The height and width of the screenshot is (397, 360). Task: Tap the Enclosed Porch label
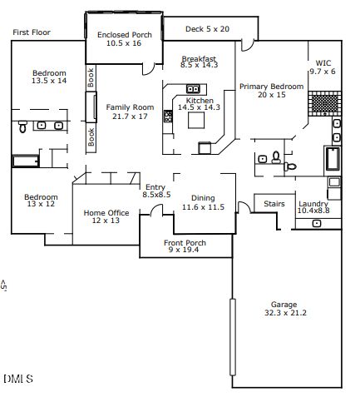click(x=125, y=38)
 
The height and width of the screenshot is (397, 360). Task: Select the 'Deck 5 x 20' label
click(x=207, y=29)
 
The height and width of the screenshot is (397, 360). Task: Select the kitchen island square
click(x=197, y=122)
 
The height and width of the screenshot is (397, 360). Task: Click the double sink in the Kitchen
click(x=193, y=88)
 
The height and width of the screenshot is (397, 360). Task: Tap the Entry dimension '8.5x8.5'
click(x=156, y=195)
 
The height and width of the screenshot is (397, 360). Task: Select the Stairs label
click(x=275, y=203)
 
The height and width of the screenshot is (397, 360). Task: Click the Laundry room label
click(x=313, y=204)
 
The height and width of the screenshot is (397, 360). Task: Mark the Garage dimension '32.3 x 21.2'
click(x=284, y=313)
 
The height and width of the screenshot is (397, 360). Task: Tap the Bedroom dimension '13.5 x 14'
click(x=49, y=82)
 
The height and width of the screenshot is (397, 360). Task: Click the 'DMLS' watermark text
click(x=17, y=379)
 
